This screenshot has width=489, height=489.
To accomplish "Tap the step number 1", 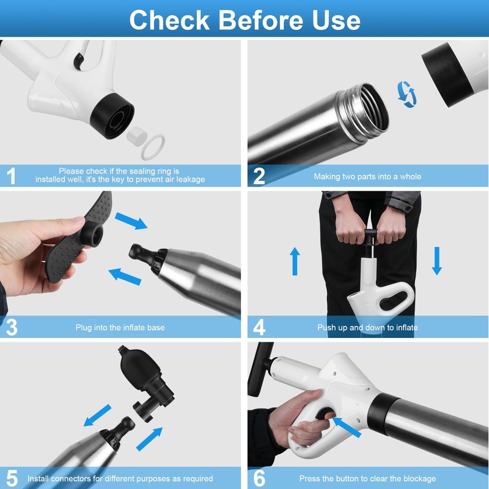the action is coord(11,176).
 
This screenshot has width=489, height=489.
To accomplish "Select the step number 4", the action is coord(259,327).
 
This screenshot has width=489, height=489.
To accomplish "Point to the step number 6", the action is coord(259,478).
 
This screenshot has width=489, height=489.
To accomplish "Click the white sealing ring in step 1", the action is coord(153,147).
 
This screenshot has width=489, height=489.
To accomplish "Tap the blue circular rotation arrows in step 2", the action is coord(406,94).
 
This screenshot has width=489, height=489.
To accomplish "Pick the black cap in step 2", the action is coord(447,75).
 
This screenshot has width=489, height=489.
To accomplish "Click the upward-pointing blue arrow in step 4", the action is coord(295,262).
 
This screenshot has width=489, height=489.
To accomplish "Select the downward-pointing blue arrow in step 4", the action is coord(437,261).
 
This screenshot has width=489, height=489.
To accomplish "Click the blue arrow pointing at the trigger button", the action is coord(347,427).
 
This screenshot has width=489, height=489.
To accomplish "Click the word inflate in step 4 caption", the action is coord(406,328).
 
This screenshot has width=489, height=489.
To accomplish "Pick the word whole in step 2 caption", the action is coord(410,177).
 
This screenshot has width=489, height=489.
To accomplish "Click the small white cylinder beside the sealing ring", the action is coord(136,134).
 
